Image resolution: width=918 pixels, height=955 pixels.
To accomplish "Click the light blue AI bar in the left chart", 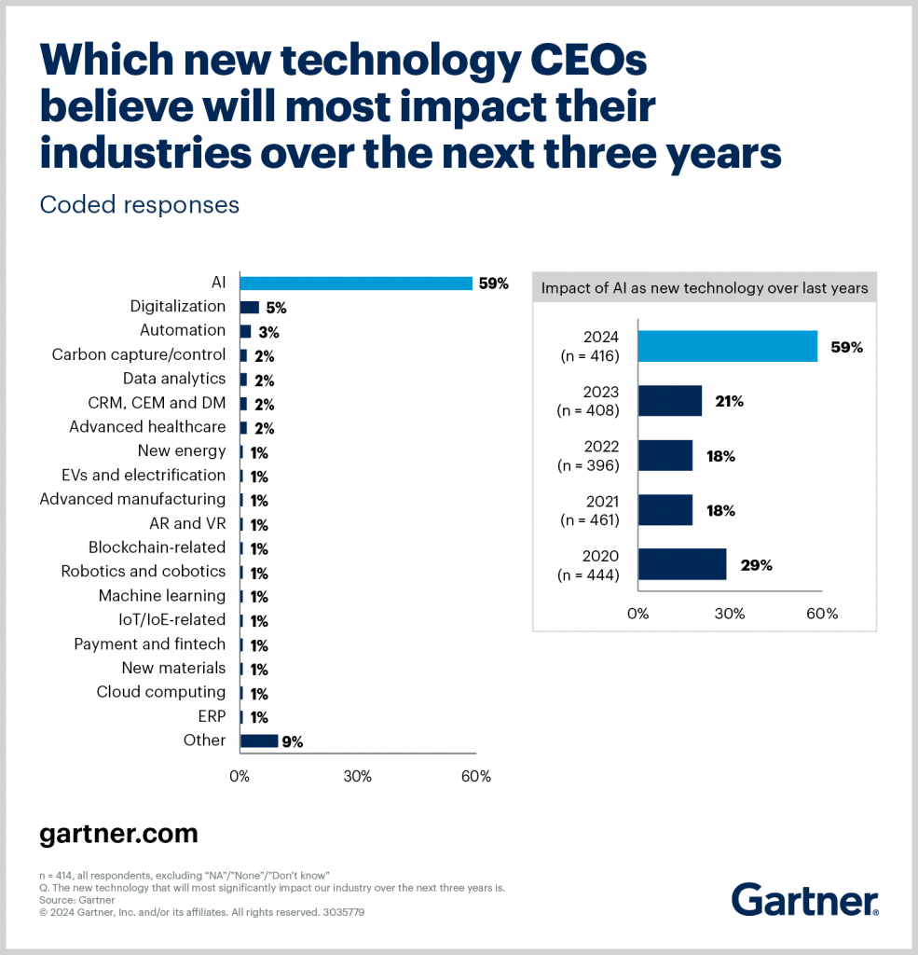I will coord(356,283).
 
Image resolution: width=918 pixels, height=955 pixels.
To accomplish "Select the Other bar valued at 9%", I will coord(259,740).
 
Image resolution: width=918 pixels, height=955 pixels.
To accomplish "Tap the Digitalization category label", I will coord(177,306).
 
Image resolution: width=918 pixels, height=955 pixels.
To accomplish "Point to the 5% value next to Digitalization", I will coord(276,307).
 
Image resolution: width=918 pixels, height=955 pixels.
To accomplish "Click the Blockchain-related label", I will coord(157,547).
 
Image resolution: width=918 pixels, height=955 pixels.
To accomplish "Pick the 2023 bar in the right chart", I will coord(670,401).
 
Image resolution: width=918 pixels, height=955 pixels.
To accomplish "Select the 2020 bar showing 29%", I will coord(682,564).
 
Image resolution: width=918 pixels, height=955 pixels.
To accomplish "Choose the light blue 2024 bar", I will coord(728,347).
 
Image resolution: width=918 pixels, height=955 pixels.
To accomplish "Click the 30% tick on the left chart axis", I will coord(358,776).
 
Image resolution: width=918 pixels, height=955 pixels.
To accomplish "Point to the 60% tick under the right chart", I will coord(821,614).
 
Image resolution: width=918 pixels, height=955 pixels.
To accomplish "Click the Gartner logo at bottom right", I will coord(804,901).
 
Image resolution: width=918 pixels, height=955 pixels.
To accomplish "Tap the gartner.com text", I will coord(118,833).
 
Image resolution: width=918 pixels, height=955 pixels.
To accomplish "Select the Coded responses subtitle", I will coord(139,204).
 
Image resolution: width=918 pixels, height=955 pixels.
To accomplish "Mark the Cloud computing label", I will coord(160,692).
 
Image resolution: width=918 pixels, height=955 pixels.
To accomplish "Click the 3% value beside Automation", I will coord(268,331).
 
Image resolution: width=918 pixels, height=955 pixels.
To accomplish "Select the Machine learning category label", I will coord(162,595).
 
